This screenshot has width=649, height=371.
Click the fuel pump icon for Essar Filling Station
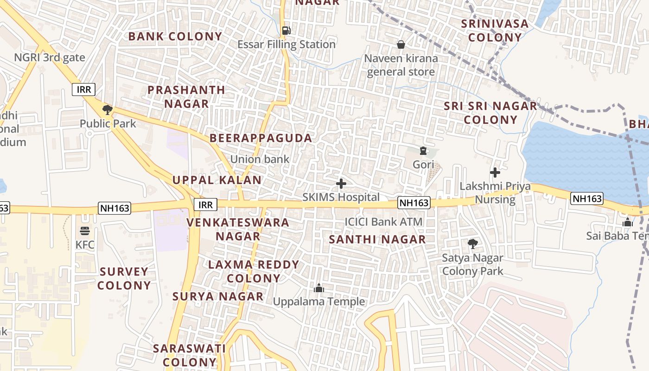coord(286,31)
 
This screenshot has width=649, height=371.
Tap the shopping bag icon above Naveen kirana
coord(401,45)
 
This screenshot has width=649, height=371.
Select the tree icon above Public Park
coord(108,110)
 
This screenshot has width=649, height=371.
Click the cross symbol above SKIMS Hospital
coord(341,184)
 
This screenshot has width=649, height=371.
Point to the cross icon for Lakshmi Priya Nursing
coord(495,173)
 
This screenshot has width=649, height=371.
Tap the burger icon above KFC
coord(84,230)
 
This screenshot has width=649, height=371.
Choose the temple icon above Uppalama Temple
coord(319,288)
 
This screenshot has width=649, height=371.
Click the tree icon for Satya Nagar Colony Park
coord(472,243)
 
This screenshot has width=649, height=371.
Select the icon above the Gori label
coord(423,151)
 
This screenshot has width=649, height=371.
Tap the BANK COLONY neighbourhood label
coord(175,36)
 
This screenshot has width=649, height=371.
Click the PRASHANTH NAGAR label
coord(186,96)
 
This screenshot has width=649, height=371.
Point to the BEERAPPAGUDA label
coord(261,138)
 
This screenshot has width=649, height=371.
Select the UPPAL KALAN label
coord(217,179)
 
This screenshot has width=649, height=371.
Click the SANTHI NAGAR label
coord(377,239)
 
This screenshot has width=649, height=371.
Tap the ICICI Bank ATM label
coord(383,222)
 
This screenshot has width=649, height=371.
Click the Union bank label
coord(260,159)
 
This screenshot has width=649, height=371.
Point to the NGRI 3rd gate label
coord(50,58)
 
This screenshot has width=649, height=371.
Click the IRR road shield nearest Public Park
coord(83,90)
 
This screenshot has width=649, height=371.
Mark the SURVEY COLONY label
coord(124,278)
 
